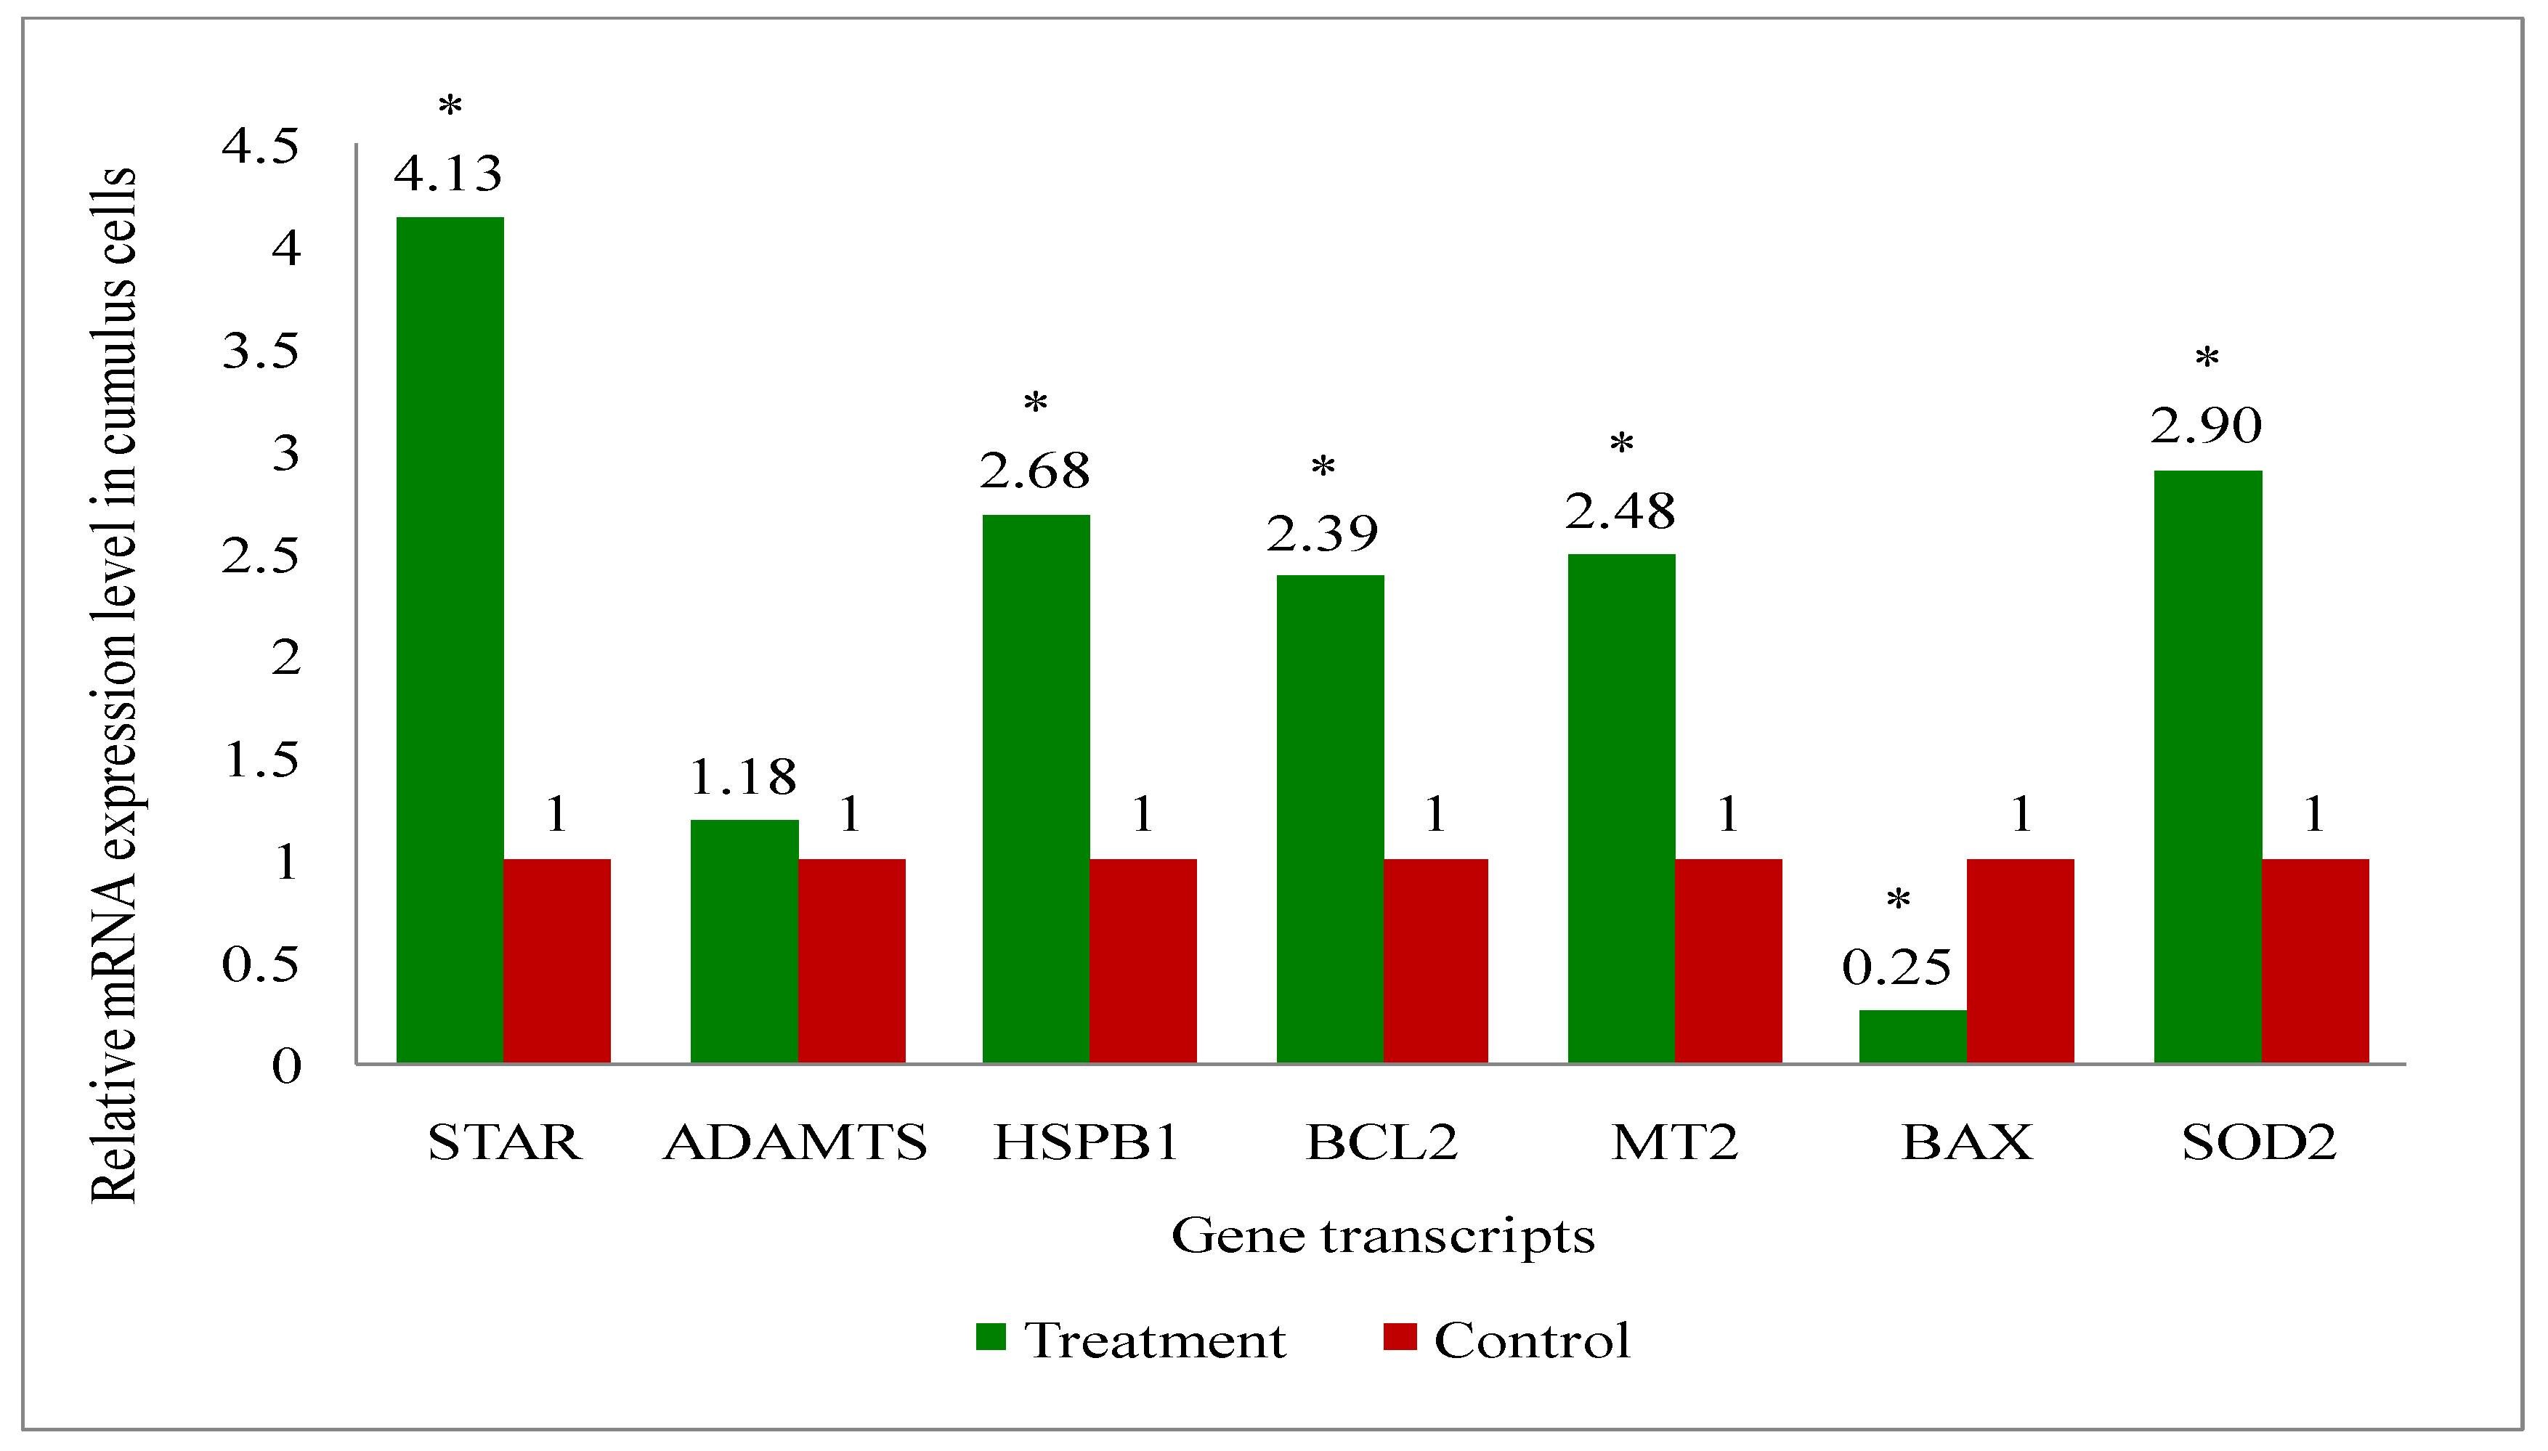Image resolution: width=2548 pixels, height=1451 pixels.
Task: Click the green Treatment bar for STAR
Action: [450, 638]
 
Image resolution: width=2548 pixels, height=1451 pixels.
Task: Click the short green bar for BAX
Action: [1912, 1036]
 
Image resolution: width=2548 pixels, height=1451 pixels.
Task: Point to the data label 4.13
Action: [447, 174]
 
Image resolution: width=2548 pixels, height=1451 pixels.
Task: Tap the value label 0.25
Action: [1896, 967]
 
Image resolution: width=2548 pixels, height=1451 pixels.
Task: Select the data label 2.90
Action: [2206, 426]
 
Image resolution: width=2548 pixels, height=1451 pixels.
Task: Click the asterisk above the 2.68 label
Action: [1035, 404]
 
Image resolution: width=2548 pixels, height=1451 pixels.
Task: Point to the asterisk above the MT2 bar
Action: [1621, 444]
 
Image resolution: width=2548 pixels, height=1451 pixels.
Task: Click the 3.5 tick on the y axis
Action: [260, 351]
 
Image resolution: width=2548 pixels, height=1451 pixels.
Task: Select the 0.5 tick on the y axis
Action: [260, 964]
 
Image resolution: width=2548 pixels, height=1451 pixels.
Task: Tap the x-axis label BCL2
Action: [1381, 1142]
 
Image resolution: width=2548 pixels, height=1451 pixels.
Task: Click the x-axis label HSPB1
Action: [1086, 1142]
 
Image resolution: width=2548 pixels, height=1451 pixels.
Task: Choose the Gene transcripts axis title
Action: [1382, 1236]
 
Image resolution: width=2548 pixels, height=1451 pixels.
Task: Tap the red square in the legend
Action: [1399, 1336]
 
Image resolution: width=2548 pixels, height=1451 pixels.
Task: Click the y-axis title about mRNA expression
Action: [115, 686]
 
